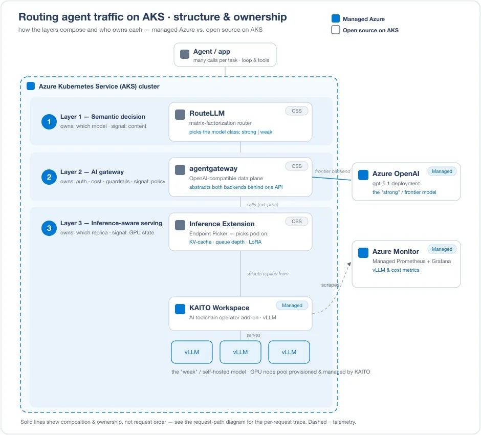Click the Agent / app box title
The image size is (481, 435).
coord(212,52)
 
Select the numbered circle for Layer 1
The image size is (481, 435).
coord(49,122)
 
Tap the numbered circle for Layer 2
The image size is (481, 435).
coord(49,177)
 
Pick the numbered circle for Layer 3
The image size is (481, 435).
coord(49,228)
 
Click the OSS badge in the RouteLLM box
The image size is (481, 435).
coord(297,111)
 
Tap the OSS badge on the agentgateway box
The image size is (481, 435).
coord(297,166)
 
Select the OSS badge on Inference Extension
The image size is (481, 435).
coord(297,221)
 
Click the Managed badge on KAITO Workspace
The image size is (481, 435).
coord(292,305)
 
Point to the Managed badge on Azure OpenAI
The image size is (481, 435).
coord(442,171)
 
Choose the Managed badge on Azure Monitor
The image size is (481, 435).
coord(442,249)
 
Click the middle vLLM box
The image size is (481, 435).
coord(240,352)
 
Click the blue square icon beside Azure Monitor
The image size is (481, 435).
coord(363,253)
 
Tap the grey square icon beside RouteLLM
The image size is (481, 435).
coord(180,115)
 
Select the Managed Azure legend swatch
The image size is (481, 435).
coord(336,18)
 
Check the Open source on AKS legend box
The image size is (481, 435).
coord(336,30)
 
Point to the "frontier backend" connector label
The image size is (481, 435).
coord(333,171)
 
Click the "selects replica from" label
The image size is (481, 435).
coord(268,274)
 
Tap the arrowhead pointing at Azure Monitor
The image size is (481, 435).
coord(349,264)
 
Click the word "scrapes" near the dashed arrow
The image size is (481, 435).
coord(331,285)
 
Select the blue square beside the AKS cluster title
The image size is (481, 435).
coord(31,86)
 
